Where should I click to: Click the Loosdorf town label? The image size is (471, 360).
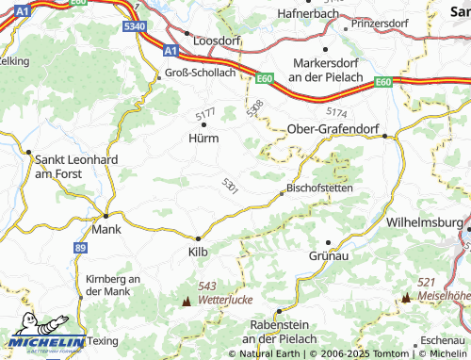218,42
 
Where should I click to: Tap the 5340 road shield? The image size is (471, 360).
135,26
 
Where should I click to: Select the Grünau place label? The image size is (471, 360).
329,255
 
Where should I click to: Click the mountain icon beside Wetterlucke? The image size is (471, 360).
186,301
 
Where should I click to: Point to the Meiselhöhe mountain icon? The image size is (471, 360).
406,297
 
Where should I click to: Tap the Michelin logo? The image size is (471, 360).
44,342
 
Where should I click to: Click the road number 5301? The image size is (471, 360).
231,186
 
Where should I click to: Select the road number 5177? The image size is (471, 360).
206,114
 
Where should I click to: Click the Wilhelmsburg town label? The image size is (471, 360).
427,223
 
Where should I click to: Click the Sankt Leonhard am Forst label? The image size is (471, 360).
75,166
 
